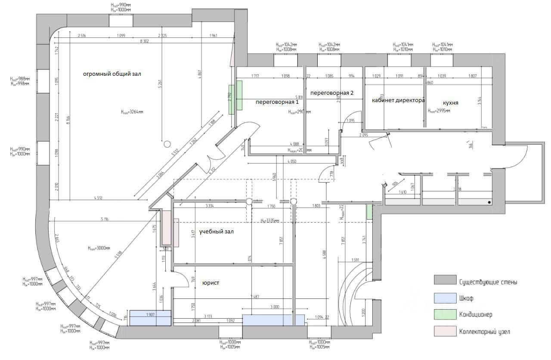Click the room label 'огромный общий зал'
coord(112,74)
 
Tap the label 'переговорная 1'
coord(277,102)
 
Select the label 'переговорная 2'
coord(331,93)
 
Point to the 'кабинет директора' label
coord(398,100)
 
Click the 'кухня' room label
coord(450,103)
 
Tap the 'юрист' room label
coord(210,282)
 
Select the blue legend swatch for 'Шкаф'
coord(444,298)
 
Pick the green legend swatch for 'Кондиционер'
coord(444,314)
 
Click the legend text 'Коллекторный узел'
coord(484,332)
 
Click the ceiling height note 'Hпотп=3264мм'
coord(132,112)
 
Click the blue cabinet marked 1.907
coord(150,318)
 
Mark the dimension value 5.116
coord(105,220)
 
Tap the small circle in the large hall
coord(167,144)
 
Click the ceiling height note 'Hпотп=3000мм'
coord(99,248)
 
